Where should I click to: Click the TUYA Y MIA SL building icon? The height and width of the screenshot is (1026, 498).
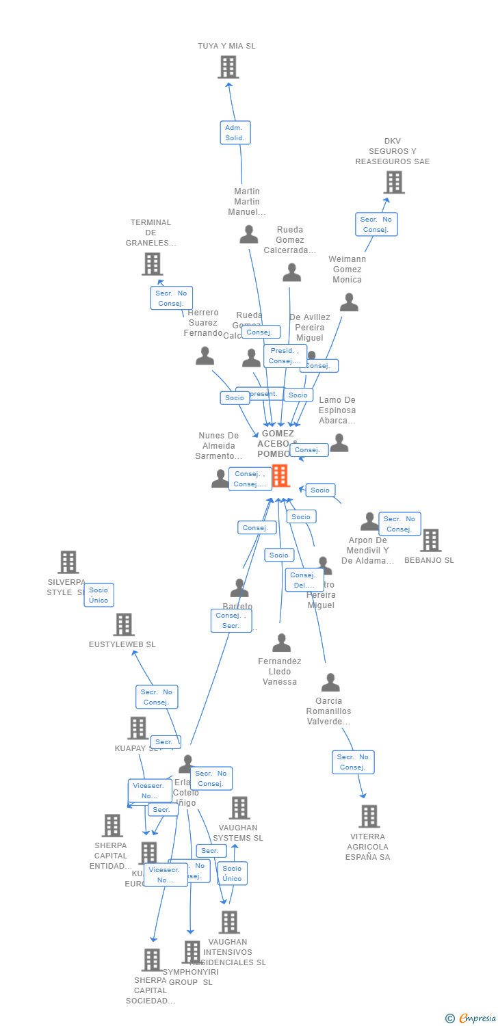tap(228, 67)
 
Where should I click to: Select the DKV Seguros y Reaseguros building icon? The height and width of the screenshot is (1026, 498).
tap(393, 183)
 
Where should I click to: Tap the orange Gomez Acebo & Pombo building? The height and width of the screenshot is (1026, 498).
tap(280, 475)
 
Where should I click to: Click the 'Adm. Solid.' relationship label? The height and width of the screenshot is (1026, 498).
tap(235, 133)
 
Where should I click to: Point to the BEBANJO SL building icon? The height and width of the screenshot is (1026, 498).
tap(430, 540)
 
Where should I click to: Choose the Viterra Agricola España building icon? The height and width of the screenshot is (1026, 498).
tap(369, 816)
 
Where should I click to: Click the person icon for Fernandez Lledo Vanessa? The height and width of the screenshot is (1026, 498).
tap(281, 643)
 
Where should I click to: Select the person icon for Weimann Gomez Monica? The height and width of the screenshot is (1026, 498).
tap(349, 302)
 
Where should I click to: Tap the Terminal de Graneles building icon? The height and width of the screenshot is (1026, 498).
tap(152, 263)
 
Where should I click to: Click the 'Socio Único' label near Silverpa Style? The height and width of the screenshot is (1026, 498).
tap(99, 595)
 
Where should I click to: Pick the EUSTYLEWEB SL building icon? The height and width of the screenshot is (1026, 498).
tap(123, 624)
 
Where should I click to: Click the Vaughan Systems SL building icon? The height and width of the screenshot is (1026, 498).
tap(239, 808)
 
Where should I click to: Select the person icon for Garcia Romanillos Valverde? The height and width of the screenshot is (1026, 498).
tap(330, 683)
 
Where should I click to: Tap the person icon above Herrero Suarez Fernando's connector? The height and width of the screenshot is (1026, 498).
tap(205, 356)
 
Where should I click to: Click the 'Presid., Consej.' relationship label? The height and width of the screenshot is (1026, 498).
tap(285, 356)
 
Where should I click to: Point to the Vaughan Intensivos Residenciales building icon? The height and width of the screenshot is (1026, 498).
tap(229, 922)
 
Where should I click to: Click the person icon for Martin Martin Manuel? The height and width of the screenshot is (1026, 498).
tap(249, 235)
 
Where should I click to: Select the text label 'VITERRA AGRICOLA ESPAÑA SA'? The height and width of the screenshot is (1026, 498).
tap(367, 847)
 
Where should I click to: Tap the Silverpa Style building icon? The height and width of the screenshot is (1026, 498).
tap(68, 562)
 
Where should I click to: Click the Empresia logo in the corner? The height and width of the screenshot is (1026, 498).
tap(472, 1018)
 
